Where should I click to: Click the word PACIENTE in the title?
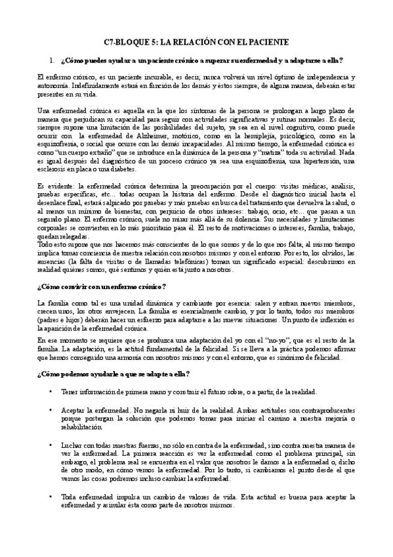(x=267, y=42)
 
